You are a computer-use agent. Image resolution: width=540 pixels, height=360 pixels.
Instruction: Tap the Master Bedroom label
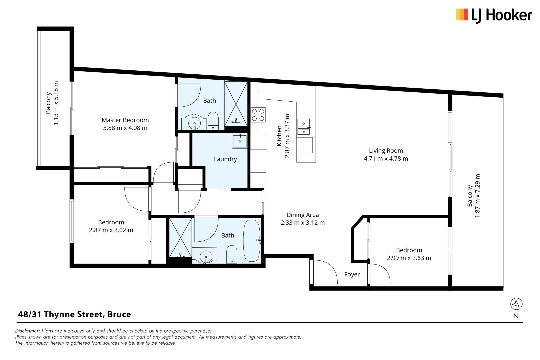click(125, 120)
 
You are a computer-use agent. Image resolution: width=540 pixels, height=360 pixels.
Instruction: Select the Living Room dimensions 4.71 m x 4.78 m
click(386, 159)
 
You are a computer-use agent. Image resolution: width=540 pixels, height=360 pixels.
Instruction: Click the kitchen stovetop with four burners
click(258, 115)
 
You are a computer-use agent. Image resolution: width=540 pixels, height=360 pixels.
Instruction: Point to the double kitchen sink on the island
click(304, 127)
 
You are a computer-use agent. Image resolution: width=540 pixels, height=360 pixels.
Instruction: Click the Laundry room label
click(225, 159)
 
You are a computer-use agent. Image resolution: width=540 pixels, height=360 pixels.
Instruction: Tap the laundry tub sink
click(240, 141)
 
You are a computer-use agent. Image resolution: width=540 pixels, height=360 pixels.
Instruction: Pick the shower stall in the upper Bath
click(236, 104)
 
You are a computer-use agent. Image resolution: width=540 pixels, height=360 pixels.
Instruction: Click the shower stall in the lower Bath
click(180, 237)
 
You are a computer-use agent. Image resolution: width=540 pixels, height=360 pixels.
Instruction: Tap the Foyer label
click(352, 274)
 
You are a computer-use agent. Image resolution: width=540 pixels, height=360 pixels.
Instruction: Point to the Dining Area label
click(302, 215)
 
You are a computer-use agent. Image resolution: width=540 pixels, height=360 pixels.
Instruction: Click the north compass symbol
click(516, 304)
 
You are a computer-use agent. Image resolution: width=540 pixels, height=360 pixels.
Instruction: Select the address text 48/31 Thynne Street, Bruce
click(74, 314)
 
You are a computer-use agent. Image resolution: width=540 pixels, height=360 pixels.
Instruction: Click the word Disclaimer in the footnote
click(27, 331)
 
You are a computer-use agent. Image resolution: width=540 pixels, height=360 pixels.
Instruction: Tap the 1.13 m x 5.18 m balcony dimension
click(56, 103)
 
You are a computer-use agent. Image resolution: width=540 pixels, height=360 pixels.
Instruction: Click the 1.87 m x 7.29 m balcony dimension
click(478, 196)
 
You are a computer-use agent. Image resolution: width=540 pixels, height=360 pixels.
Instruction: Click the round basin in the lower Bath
click(206, 257)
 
